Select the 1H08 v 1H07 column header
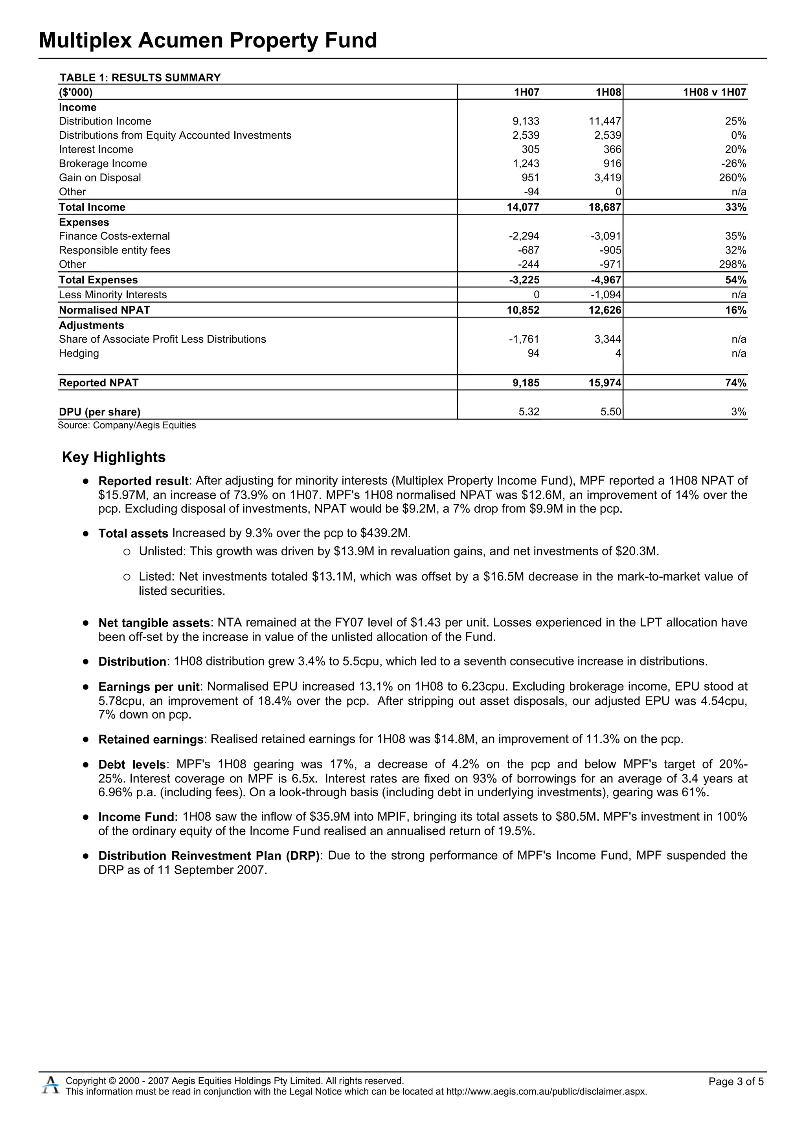click(x=714, y=92)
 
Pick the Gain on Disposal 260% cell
click(x=735, y=178)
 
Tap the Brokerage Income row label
click(x=103, y=164)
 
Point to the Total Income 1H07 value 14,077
click(x=523, y=208)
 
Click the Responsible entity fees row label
click(x=114, y=250)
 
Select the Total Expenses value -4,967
click(x=606, y=280)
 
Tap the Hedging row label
click(x=79, y=354)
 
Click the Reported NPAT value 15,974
click(x=605, y=383)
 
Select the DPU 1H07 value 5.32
click(x=529, y=412)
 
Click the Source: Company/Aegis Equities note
click(x=127, y=426)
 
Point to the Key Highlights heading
click(x=114, y=457)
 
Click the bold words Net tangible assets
click(x=154, y=623)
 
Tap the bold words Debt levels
click(x=132, y=764)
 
